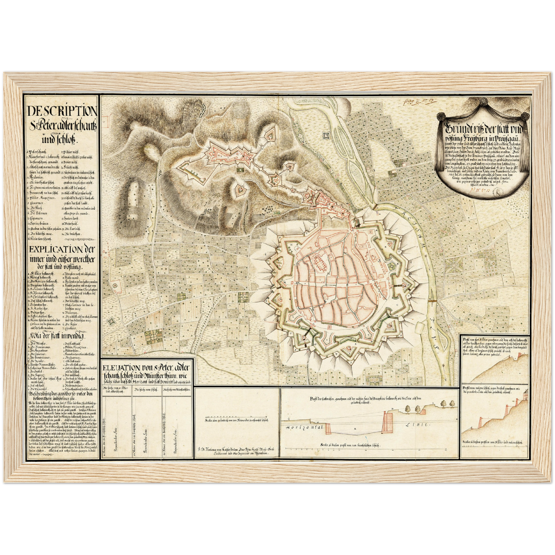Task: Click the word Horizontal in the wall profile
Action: click(303, 427)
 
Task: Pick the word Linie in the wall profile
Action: click(419, 425)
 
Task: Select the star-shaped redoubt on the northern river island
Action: click(327, 135)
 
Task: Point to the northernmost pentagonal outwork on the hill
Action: click(270, 134)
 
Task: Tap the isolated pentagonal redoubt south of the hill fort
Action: click(240, 189)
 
